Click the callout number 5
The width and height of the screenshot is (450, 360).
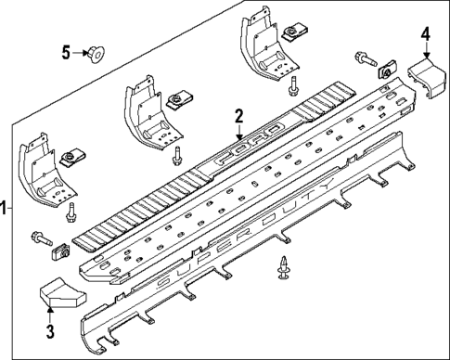66,52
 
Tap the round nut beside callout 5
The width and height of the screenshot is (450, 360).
96,53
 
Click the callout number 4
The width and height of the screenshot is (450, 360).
425,34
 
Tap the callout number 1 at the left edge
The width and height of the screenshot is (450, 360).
6,209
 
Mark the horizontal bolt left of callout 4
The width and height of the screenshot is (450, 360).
362,60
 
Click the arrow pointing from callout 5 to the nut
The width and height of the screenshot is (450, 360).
82,53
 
